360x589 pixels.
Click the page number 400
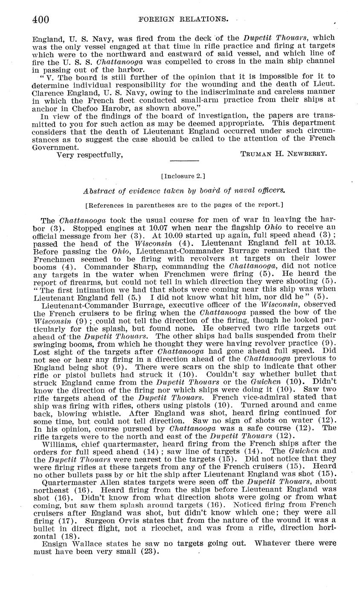[x=41, y=20]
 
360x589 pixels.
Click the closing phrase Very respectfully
[x=90, y=155]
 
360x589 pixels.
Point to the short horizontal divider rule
[x=184, y=161]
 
